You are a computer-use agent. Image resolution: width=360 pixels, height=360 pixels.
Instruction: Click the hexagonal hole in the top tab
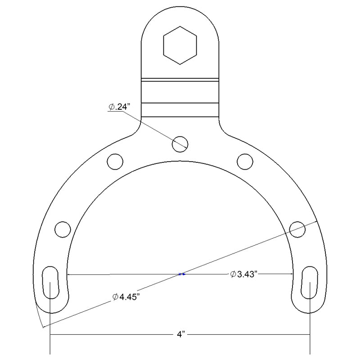[180, 45]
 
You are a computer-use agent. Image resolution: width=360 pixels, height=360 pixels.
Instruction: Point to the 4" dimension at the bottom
[180, 335]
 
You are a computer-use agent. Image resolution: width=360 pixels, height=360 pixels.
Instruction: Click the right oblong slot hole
[310, 282]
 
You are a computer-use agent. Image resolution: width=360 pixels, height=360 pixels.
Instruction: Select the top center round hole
[180, 144]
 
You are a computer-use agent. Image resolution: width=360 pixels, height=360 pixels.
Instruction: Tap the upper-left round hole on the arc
[115, 161]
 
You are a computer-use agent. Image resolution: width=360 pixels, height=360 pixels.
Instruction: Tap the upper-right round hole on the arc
[245, 161]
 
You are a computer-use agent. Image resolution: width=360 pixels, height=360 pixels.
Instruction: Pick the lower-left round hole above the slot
[63, 229]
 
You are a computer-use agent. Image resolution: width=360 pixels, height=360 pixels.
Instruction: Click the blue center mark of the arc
[181, 274]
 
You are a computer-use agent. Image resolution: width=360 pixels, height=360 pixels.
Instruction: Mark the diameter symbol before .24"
[111, 107]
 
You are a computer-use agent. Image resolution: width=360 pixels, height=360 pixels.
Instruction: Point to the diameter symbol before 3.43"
[233, 274]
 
